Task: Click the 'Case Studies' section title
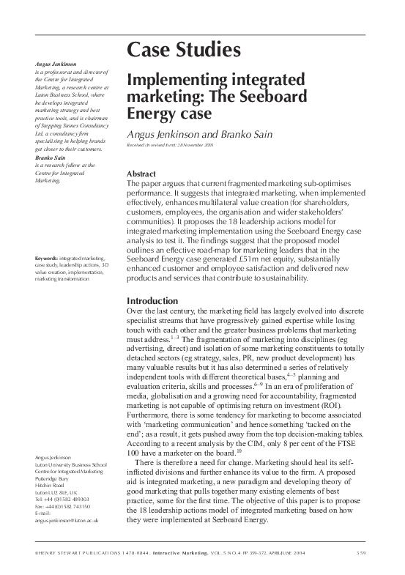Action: (183, 50)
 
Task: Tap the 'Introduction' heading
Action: (152, 301)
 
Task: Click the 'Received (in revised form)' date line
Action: (177, 146)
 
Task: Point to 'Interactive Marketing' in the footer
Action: (172, 552)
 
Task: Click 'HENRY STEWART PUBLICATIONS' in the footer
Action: (73, 552)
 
